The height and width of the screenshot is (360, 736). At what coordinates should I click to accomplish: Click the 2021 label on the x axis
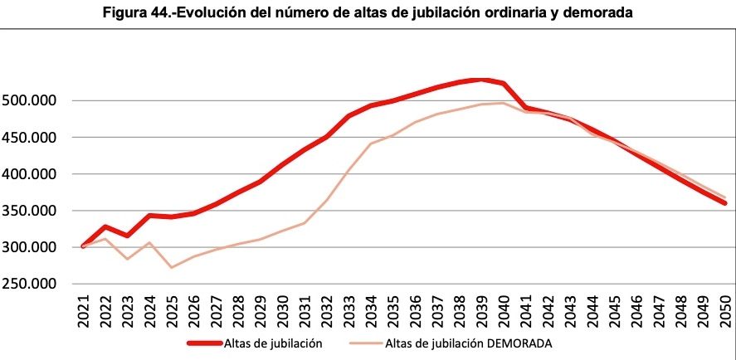(84, 314)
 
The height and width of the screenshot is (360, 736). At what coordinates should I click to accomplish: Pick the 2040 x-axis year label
(503, 314)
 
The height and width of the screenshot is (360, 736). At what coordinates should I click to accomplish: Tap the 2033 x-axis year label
(349, 314)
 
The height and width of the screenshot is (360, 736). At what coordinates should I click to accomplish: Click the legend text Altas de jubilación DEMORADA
(469, 343)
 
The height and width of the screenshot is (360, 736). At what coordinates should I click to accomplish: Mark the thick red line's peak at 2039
(481, 80)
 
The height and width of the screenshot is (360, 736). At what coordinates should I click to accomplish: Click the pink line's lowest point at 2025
(172, 267)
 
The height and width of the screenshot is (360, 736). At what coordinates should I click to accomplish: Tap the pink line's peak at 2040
(503, 103)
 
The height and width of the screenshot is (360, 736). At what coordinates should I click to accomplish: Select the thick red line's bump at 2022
(105, 226)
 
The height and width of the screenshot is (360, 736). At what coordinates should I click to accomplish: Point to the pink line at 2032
(326, 200)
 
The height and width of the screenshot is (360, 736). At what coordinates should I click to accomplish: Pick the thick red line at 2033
(349, 116)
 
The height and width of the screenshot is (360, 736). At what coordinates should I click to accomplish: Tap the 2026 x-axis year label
(194, 314)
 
